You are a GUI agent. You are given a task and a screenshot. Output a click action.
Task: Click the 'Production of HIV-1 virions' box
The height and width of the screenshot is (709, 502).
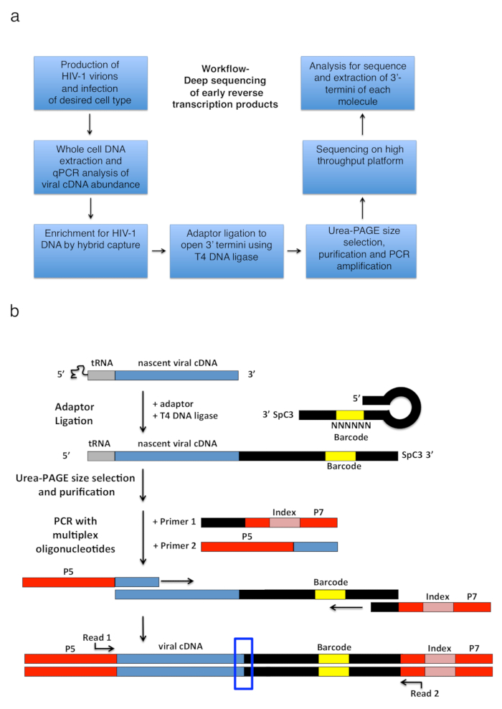pos(90,83)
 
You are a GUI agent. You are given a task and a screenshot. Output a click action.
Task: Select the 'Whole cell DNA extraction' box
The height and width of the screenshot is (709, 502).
pos(90,167)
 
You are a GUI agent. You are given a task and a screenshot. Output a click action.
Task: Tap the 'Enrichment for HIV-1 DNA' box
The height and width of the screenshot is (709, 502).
pos(90,251)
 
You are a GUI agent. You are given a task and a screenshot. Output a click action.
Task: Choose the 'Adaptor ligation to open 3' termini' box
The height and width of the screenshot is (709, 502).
pos(227,251)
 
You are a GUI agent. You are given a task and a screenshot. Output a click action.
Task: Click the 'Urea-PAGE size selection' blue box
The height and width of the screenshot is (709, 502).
pos(361,251)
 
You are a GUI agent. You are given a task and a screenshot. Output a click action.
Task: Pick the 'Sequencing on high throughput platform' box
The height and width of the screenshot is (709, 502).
pos(359,167)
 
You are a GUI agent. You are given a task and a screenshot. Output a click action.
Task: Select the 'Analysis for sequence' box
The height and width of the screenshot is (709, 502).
pos(358,83)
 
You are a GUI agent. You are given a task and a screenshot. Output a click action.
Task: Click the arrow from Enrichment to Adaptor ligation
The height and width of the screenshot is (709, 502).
pos(158,251)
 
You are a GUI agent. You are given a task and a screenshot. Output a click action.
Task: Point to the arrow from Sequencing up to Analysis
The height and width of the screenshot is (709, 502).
pos(362,124)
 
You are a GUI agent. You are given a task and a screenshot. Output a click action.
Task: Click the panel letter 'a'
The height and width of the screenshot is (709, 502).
pos(15,17)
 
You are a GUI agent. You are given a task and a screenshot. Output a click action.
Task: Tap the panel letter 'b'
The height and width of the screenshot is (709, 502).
pos(14,311)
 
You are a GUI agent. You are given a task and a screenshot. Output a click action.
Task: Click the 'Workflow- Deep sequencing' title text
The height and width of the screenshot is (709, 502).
pos(225,86)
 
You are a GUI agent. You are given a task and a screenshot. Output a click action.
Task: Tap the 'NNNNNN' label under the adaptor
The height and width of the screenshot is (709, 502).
pos(351,426)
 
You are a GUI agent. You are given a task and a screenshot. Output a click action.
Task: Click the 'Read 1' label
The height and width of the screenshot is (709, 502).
pos(97,637)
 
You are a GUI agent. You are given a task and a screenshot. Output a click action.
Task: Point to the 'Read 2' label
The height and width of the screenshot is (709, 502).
pos(425,694)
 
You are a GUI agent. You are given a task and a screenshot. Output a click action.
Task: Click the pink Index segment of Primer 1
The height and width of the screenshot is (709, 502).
pos(285,522)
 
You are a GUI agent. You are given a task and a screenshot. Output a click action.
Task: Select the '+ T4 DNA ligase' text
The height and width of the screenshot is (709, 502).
pos(185,415)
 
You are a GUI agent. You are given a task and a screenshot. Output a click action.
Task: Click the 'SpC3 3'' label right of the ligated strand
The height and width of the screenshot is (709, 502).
pos(417,455)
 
